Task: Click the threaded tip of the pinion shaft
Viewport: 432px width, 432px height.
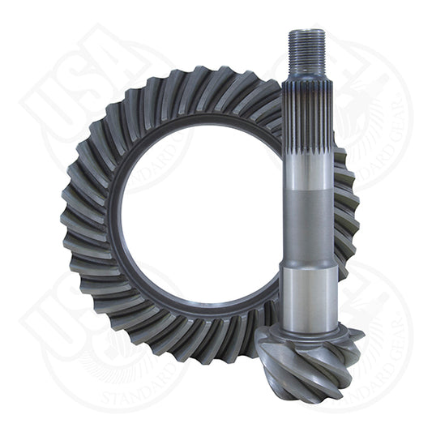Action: (307, 50)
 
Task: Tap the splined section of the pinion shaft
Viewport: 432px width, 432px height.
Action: (307, 122)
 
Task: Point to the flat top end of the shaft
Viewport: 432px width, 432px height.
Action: (307, 31)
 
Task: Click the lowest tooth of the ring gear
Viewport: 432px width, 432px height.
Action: (195, 357)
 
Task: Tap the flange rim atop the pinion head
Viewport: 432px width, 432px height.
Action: (307, 328)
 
